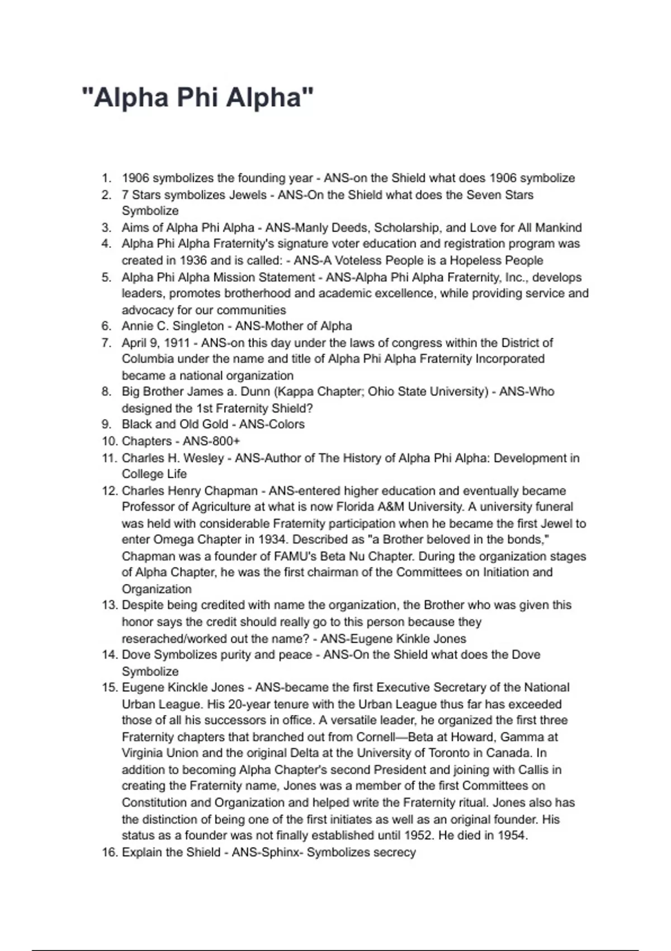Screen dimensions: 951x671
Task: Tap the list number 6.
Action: click(x=106, y=326)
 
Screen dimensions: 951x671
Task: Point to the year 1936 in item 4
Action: click(x=193, y=261)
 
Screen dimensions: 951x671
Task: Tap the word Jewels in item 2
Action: click(x=248, y=195)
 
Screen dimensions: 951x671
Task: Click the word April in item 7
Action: click(x=133, y=343)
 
